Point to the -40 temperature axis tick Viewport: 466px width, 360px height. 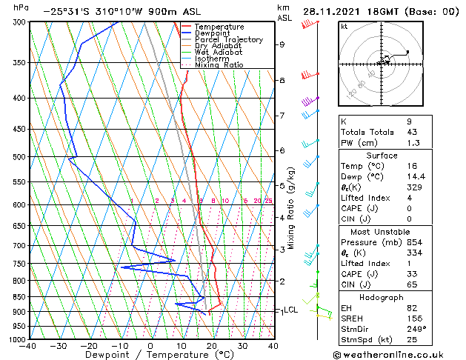click(29, 346)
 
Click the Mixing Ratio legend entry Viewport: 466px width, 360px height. click(219, 65)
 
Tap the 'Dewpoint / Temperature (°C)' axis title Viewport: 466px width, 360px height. click(150, 356)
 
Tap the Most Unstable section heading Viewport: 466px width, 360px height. click(379, 231)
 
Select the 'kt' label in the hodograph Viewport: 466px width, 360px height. click(344, 27)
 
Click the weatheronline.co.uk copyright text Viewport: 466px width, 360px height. click(399, 354)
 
